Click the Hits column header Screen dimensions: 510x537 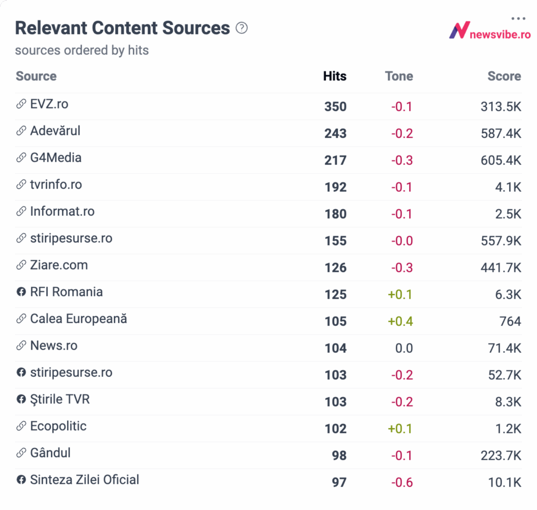click(335, 76)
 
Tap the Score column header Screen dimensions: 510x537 click(504, 76)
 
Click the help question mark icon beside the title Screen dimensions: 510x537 click(241, 28)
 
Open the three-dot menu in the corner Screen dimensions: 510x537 click(518, 19)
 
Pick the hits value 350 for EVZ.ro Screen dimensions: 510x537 click(335, 107)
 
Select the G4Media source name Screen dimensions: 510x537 click(56, 158)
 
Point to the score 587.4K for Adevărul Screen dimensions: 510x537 click(501, 133)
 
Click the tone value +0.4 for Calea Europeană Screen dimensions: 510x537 click(400, 321)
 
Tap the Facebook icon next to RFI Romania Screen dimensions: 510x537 click(21, 292)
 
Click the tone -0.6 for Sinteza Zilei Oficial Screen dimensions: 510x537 click(402, 482)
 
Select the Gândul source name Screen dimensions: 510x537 click(50, 453)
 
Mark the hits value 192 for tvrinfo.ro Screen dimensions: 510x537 click(335, 187)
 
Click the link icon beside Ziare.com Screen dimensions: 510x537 click(21, 265)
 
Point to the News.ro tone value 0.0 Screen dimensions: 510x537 click(404, 348)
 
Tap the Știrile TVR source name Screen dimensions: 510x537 click(60, 399)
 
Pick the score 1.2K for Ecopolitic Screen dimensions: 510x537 click(508, 429)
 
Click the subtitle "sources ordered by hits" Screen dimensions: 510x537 click(82, 50)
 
